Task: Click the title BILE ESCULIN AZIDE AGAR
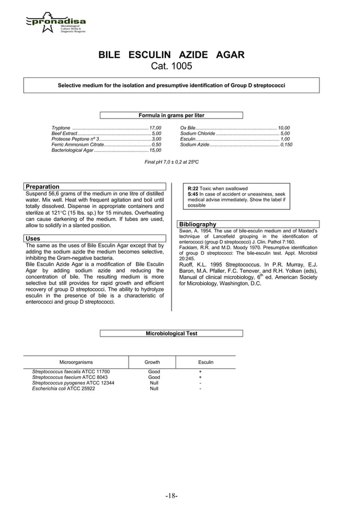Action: pos(172,55)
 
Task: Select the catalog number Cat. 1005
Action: pos(172,67)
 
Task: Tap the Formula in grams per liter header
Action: pos(172,115)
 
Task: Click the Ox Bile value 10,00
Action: pos(283,128)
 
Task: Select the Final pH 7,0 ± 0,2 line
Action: pos(172,162)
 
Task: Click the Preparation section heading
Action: pos(43,186)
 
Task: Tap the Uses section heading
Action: pos(33,239)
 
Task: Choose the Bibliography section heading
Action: pos(198,224)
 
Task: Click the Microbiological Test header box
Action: pos(172,333)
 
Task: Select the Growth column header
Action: pos(152,362)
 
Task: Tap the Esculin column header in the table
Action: pos(205,362)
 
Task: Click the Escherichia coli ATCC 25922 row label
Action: pos(64,389)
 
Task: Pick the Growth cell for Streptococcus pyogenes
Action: pos(153,383)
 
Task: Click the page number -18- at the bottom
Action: pos(172,496)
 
